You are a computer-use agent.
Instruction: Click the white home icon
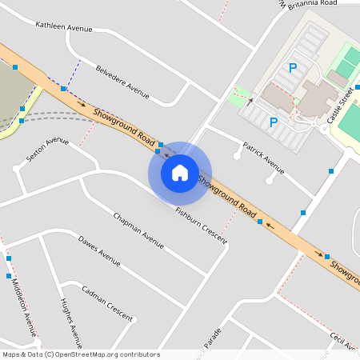pos(179,172)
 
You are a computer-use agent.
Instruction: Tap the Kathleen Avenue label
pos(64,27)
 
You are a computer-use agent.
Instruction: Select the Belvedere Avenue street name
pos(122,82)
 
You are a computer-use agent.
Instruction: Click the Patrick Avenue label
pos(263,158)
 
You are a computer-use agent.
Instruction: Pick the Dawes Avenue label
pos(99,250)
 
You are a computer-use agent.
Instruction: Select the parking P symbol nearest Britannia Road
pos(293,68)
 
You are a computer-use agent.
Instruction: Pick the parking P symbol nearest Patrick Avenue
pos(274,122)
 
